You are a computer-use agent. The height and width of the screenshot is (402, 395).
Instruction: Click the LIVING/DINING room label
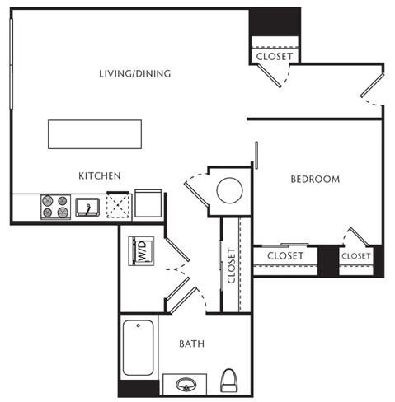[x=134, y=74]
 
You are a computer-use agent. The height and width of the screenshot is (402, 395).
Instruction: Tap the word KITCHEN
[x=100, y=175]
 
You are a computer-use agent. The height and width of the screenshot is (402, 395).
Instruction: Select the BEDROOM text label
[x=314, y=179]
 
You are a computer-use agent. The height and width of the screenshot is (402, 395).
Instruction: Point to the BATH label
[x=192, y=344]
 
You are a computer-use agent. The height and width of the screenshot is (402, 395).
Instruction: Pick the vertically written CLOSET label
[x=232, y=266]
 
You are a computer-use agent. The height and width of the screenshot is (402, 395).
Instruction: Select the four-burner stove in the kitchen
[x=55, y=206]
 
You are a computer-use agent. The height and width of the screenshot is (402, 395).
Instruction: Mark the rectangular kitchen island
[x=95, y=133]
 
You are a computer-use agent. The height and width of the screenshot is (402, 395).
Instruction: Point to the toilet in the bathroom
[x=230, y=381]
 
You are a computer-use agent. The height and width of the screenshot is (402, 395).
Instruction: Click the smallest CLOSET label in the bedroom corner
[x=356, y=256]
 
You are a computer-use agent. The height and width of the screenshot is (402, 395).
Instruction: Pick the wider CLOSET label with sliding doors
[x=286, y=256]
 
